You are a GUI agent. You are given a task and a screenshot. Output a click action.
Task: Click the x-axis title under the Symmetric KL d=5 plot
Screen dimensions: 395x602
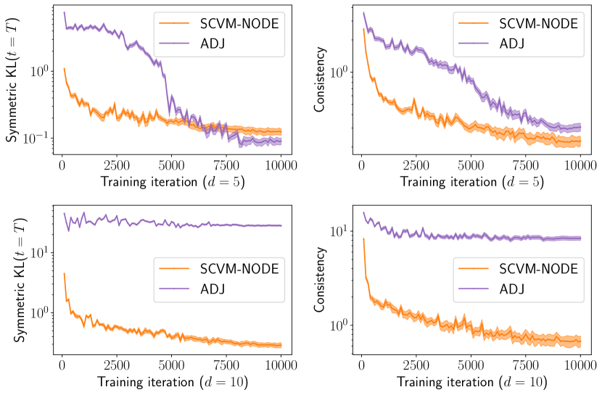coord(172,181)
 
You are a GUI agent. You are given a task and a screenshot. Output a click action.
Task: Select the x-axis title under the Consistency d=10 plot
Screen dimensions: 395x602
coord(472,381)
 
